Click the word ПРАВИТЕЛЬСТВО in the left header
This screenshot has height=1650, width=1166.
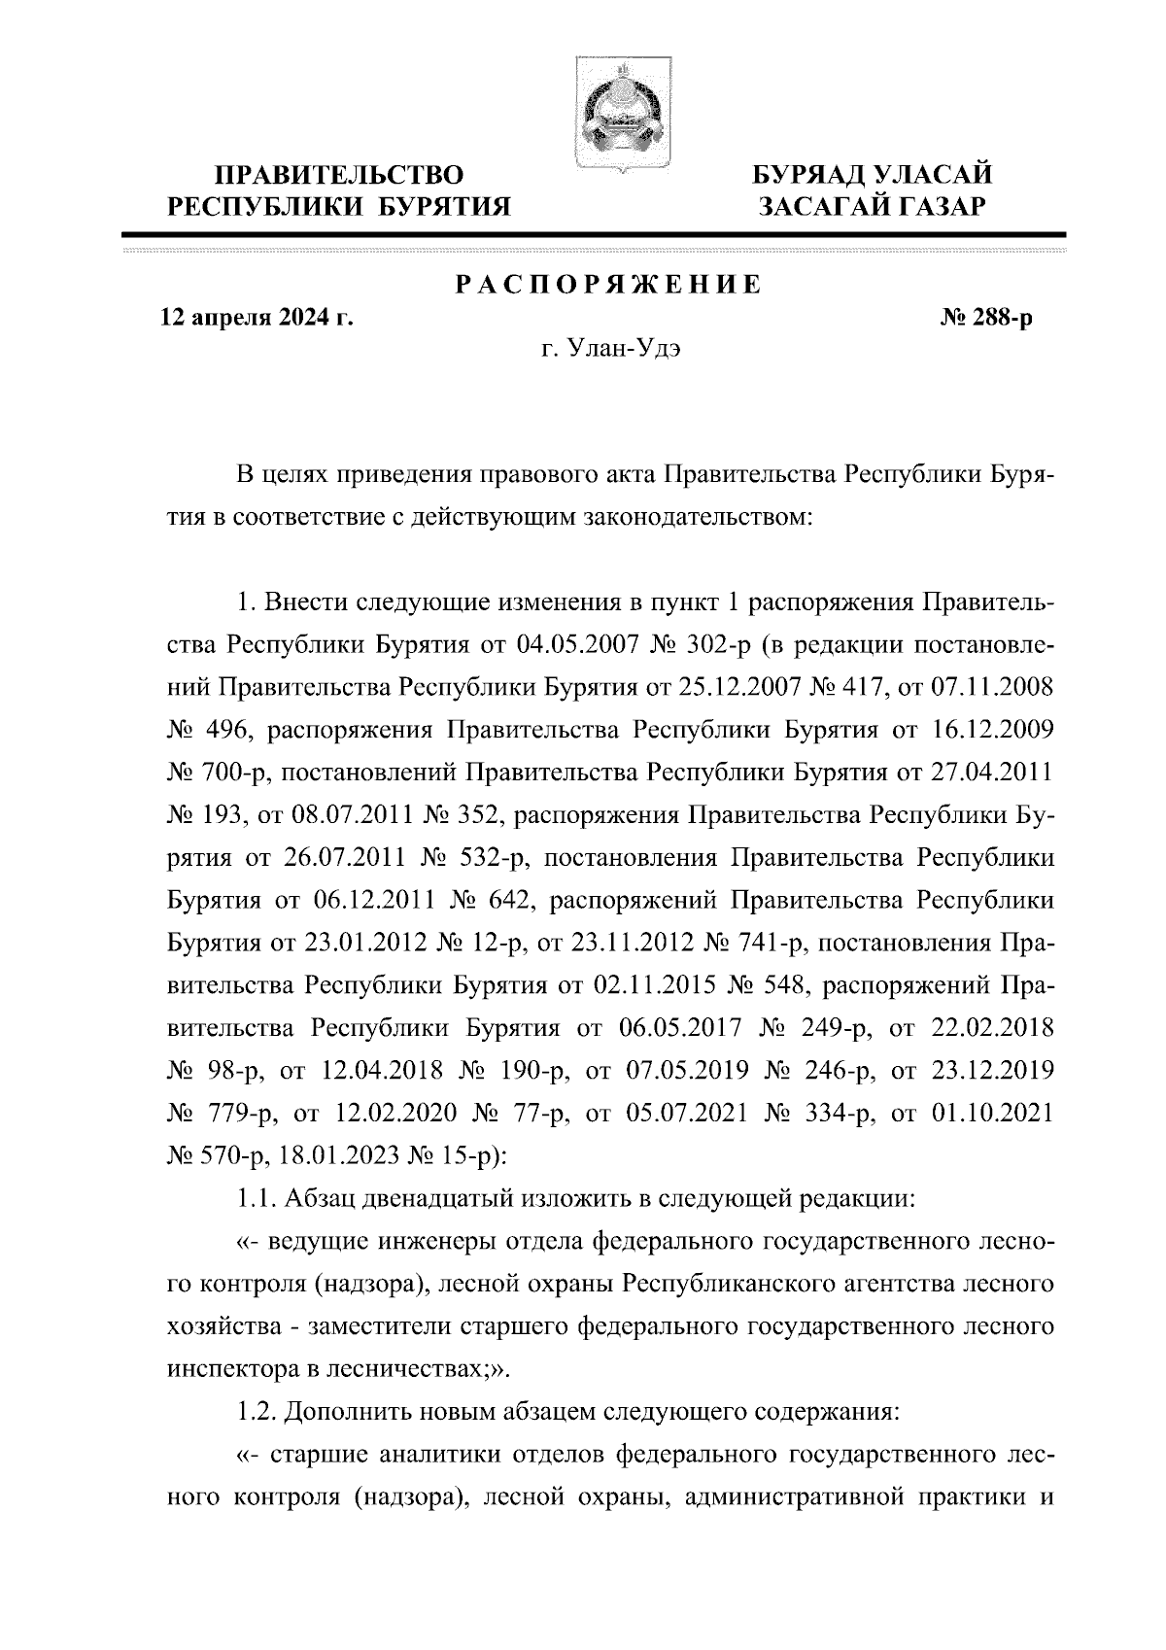tap(339, 176)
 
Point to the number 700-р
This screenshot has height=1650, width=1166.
tap(225, 773)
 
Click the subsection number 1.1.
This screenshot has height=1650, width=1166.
tap(257, 1198)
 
